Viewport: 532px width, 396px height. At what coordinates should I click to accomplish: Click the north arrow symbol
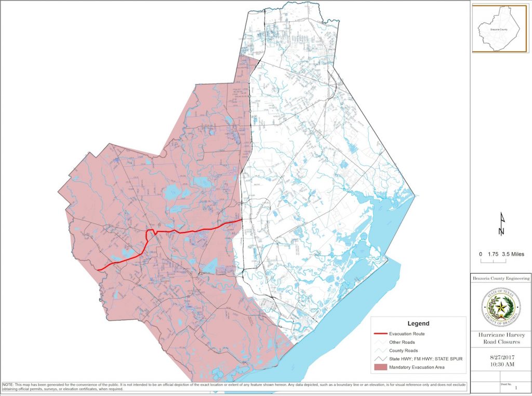(501, 224)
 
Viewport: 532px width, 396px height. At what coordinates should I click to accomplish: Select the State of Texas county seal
(501, 308)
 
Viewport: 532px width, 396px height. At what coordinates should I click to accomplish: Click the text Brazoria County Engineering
(501, 279)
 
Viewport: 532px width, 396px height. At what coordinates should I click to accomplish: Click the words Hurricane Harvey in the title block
(501, 335)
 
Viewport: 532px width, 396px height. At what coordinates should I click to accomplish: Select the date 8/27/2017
(501, 358)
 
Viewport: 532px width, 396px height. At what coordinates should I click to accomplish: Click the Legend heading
(418, 323)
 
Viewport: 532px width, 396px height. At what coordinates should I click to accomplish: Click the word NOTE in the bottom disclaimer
(8, 385)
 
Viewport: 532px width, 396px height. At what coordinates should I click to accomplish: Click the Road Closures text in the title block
(501, 343)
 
